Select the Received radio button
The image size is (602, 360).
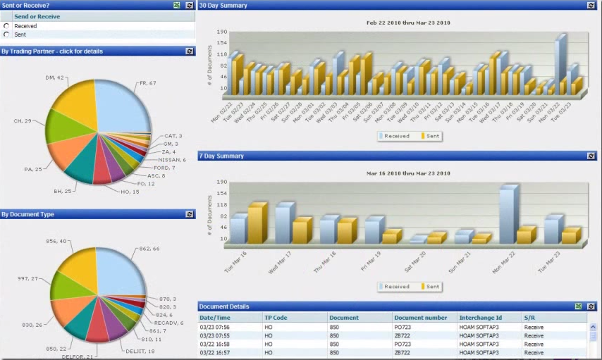(x=6, y=26)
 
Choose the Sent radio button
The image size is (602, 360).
(x=6, y=34)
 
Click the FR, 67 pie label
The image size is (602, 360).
(x=148, y=83)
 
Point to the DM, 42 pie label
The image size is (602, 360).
(x=55, y=77)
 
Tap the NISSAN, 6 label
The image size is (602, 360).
(x=172, y=160)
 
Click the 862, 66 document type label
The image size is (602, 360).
(x=149, y=249)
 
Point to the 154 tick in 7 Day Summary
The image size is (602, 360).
(x=221, y=193)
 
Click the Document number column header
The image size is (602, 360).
(x=420, y=318)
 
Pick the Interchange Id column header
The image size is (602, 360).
(x=481, y=318)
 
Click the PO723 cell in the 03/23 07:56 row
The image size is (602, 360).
(x=403, y=326)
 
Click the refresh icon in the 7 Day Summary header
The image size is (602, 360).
(x=591, y=156)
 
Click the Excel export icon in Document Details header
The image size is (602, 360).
(x=578, y=306)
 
